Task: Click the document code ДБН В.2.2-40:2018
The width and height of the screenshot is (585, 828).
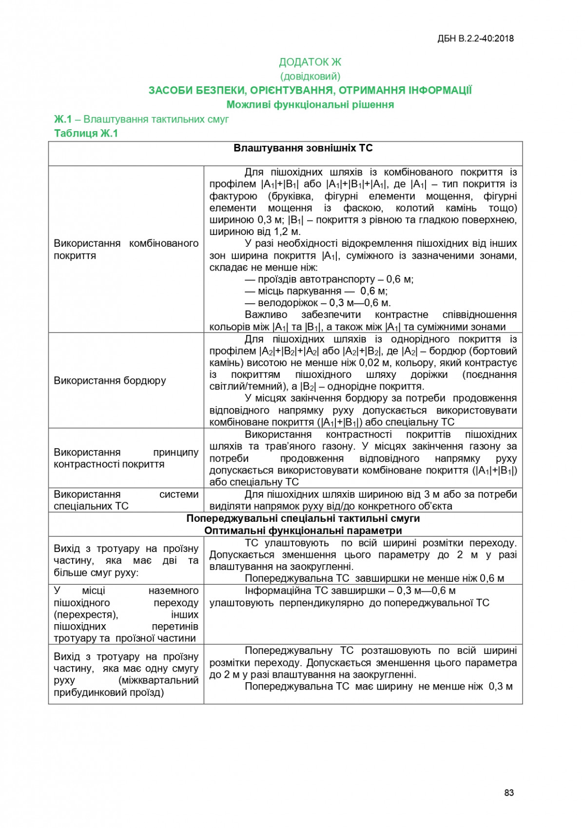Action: [475, 39]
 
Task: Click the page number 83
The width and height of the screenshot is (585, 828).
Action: [508, 792]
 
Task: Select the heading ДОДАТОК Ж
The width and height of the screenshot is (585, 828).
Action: [310, 62]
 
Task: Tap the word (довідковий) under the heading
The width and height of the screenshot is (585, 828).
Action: [310, 76]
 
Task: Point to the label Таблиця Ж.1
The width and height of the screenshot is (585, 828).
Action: [86, 133]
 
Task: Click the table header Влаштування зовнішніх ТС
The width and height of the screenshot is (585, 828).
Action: [303, 148]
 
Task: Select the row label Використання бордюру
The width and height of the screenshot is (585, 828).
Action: [110, 380]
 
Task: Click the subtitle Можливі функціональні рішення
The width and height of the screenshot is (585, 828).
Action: [310, 104]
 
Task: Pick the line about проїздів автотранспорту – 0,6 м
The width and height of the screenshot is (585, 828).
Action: [329, 279]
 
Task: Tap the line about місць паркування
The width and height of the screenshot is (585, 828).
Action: [316, 291]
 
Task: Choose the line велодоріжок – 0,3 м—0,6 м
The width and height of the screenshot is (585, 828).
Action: [317, 303]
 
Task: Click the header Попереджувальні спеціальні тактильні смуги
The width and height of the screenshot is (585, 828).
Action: [303, 518]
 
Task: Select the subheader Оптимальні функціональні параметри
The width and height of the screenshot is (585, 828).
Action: [303, 531]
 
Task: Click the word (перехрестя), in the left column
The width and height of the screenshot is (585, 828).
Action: [86, 615]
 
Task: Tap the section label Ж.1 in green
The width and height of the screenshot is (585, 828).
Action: [63, 119]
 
